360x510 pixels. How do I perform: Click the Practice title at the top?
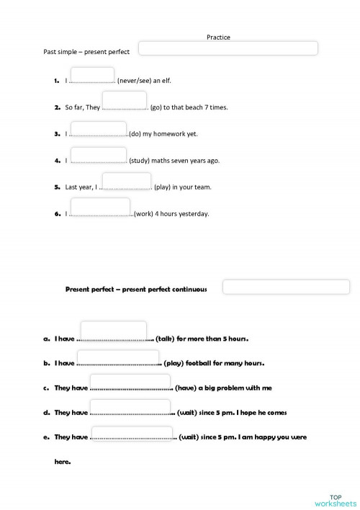218,37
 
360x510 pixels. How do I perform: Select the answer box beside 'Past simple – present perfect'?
228,48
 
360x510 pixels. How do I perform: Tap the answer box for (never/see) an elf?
92,75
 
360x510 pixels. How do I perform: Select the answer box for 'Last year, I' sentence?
126,181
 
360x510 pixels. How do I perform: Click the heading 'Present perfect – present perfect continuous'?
136,290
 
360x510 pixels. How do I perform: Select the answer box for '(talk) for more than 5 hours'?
118,331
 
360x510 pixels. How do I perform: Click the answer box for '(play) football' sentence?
118,358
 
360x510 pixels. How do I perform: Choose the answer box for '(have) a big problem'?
130,382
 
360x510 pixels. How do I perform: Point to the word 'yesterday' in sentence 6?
194,213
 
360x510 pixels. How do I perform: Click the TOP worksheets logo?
335,500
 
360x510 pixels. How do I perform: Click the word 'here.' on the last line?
63,462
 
